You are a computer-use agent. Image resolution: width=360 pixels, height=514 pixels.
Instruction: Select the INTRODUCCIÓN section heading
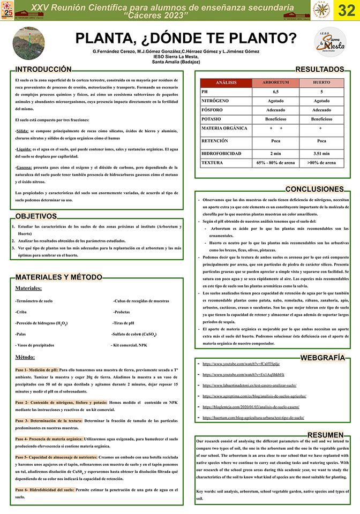click(x=43, y=70)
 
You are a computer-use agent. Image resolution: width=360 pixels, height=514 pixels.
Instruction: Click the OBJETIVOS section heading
click(x=36, y=216)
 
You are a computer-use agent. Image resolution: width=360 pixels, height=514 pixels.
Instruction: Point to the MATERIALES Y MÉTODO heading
click(x=58, y=277)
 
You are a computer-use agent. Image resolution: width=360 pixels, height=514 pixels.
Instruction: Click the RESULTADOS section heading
click(x=319, y=70)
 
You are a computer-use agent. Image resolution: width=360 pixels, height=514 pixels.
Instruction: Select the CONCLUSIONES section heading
click(x=314, y=190)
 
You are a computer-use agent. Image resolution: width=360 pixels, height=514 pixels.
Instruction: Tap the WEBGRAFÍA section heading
click(x=322, y=357)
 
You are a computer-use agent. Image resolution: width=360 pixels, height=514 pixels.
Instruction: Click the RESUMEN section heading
click(x=326, y=435)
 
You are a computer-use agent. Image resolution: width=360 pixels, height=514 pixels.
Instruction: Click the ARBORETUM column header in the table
click(x=276, y=83)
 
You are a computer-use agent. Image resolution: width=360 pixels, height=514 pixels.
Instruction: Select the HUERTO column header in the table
click(x=321, y=83)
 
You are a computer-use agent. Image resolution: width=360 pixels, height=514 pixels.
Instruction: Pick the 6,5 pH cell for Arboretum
click(x=276, y=92)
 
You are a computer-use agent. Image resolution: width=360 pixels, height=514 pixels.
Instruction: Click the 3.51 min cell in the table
click(x=321, y=153)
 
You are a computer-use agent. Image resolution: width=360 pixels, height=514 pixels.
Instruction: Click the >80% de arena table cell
click(x=321, y=162)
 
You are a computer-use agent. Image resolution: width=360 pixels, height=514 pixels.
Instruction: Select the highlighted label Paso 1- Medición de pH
click(x=36, y=369)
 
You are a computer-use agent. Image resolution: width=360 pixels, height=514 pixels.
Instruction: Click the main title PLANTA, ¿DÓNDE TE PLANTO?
click(x=185, y=38)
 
